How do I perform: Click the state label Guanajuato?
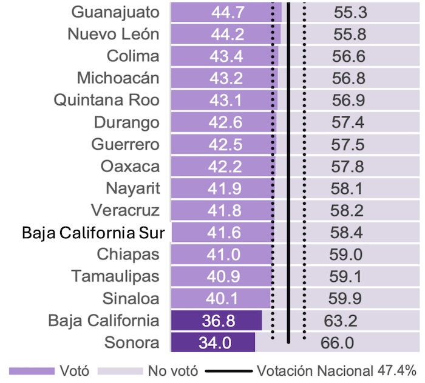[115, 12]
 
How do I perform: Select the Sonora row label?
[132, 342]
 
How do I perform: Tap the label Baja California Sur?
[97, 233]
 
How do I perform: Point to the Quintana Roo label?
[107, 100]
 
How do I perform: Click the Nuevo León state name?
[114, 34]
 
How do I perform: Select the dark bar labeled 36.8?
[217, 321]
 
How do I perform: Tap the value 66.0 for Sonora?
[337, 343]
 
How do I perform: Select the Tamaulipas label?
[115, 276]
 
